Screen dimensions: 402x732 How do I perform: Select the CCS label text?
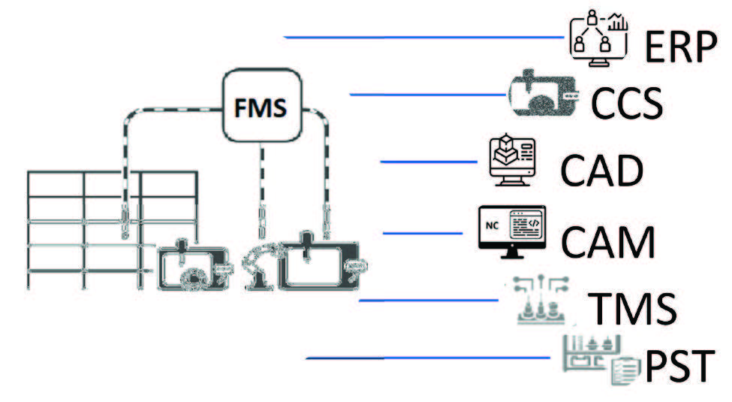(627, 104)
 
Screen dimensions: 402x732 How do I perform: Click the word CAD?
(601, 171)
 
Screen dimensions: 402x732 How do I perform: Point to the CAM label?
(608, 240)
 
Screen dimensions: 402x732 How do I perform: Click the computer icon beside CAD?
(511, 162)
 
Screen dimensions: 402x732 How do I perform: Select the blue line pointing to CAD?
(429, 162)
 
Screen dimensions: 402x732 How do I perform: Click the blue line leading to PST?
(428, 358)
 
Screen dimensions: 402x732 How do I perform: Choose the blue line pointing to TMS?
(428, 301)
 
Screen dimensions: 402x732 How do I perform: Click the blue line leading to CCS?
(428, 95)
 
